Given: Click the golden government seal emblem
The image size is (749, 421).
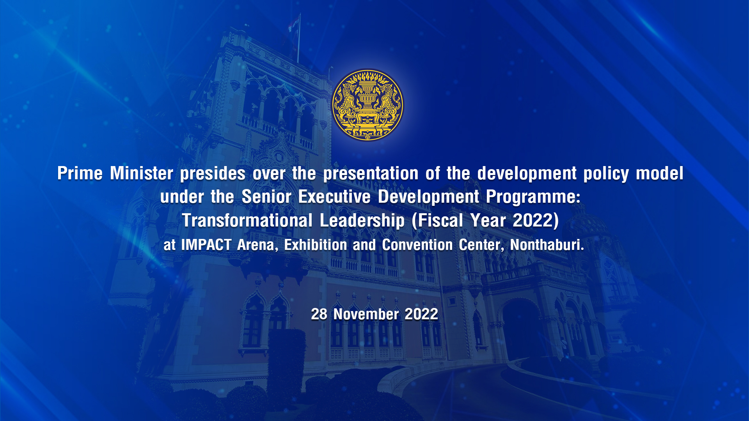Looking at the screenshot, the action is click(367, 104).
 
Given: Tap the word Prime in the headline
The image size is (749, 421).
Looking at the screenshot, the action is click(80, 173).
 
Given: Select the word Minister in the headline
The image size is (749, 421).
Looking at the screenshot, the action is click(141, 173).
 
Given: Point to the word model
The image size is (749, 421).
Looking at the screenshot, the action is click(660, 173).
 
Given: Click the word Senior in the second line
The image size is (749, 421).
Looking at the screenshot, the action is click(266, 196).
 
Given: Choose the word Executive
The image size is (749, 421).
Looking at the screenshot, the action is click(334, 196).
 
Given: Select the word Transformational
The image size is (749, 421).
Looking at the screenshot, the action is click(247, 220).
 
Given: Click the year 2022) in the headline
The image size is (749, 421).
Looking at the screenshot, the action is click(536, 221).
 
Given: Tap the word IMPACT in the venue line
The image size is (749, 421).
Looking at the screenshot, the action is click(206, 245).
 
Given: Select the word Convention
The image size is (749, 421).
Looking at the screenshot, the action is click(417, 245).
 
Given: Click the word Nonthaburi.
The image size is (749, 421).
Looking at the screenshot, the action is click(547, 245).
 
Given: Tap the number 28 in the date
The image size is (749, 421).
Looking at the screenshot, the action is click(319, 314).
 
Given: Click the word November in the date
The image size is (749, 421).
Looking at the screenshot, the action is click(366, 314).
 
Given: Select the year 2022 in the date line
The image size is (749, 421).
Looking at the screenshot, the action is click(421, 314).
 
